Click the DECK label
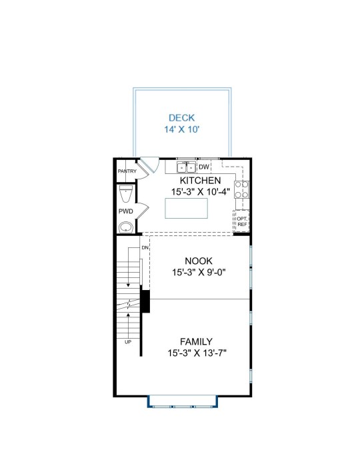tap(181, 118)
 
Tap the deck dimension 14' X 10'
tap(181, 129)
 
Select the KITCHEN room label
tap(201, 181)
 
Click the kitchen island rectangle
tap(187, 208)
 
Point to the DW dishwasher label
tap(204, 167)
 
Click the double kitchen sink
tap(187, 167)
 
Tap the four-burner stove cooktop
tap(241, 189)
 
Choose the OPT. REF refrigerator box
tap(242, 221)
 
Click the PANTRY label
tap(127, 171)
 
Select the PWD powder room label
tap(126, 211)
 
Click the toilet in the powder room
tap(126, 193)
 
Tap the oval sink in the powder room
tap(126, 227)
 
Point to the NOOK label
tap(199, 261)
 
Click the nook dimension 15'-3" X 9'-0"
tap(199, 272)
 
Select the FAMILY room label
tap(196, 341)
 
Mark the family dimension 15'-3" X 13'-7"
tap(197, 353)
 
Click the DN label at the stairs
tap(145, 247)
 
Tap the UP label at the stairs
tap(128, 342)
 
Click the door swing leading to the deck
tap(150, 165)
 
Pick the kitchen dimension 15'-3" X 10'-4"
tap(201, 192)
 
